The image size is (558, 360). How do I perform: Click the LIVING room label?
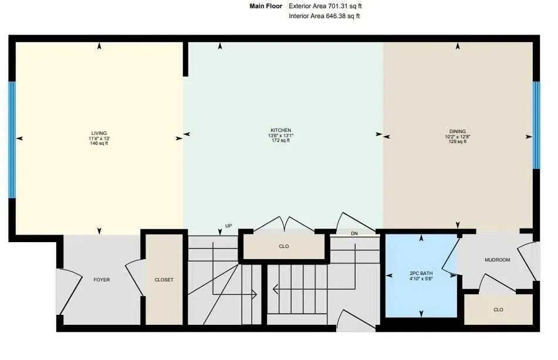[x=99, y=133]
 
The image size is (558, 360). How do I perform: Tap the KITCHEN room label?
[x=281, y=130]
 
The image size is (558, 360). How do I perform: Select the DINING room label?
[x=458, y=131]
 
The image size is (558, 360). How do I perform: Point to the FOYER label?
[x=102, y=280]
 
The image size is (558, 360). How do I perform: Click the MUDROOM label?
[x=497, y=260]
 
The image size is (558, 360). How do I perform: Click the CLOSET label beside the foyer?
[x=164, y=280]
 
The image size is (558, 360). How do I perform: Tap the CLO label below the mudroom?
[x=498, y=310]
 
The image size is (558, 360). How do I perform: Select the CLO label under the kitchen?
[x=284, y=246]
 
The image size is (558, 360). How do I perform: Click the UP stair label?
[x=229, y=226]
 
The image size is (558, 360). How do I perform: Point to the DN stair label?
[x=354, y=233]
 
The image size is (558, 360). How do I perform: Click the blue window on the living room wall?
[x=12, y=140]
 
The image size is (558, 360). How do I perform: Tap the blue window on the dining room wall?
[x=536, y=125]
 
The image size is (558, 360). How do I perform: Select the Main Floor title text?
[x=266, y=6]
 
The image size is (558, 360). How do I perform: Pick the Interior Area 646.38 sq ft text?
[x=324, y=16]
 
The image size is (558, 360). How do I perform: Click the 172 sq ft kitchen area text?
[x=281, y=141]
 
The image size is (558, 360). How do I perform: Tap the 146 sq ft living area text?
[x=99, y=143]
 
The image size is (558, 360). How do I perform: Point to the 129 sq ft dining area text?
[x=458, y=141]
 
